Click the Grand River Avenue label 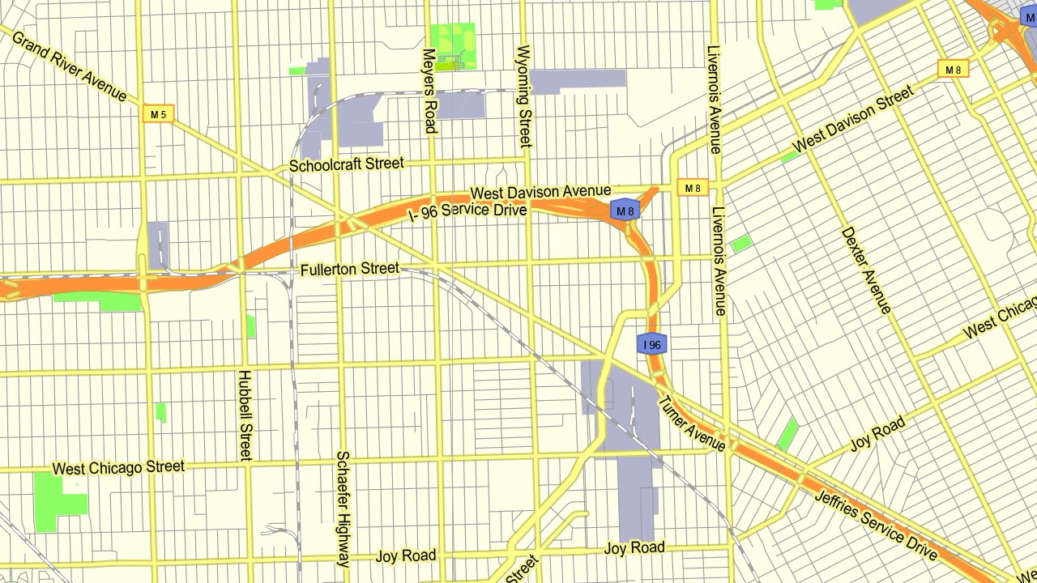pyautogui.click(x=69, y=66)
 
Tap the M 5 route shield pyautogui.click(x=158, y=114)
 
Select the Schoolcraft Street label pyautogui.click(x=347, y=164)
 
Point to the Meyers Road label pyautogui.click(x=429, y=90)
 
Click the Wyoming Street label pyautogui.click(x=524, y=96)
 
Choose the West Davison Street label pyautogui.click(x=853, y=120)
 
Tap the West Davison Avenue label pyautogui.click(x=540, y=193)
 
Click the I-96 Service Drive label pyautogui.click(x=468, y=212)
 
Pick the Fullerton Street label pyautogui.click(x=349, y=269)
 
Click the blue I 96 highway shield pyautogui.click(x=652, y=344)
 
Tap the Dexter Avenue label pyautogui.click(x=866, y=270)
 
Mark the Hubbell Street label pyautogui.click(x=245, y=415)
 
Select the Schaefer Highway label pyautogui.click(x=343, y=509)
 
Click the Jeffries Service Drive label pyautogui.click(x=875, y=526)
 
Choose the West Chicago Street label pyautogui.click(x=118, y=468)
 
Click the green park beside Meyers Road pyautogui.click(x=453, y=46)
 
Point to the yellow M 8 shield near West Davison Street pyautogui.click(x=954, y=70)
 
